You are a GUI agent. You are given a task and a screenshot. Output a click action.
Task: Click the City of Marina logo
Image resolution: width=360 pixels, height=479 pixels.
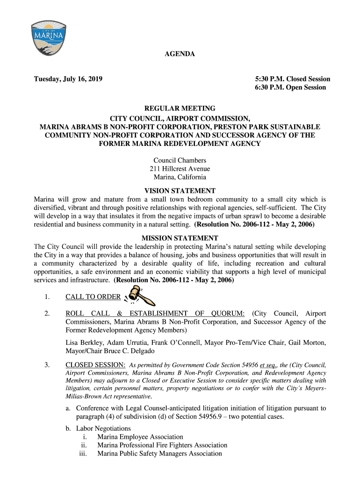coord(46,38)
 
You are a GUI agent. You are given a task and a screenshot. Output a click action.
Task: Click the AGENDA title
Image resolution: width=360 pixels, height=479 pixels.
coord(180,55)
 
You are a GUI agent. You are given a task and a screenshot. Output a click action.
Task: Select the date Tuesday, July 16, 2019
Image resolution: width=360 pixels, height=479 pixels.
coord(68,79)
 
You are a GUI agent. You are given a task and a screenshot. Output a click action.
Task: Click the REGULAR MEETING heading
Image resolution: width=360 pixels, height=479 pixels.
coord(180,109)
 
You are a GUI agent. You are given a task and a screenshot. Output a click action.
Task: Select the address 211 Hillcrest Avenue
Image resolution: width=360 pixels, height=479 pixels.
coord(180,169)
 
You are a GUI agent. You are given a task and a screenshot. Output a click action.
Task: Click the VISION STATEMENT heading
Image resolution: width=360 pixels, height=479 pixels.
coord(180,191)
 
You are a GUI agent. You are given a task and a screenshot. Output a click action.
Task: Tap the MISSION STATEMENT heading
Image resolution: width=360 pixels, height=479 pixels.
coord(180,238)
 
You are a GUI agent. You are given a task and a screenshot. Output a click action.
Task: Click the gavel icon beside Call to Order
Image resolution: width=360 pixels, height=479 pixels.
coord(138,295)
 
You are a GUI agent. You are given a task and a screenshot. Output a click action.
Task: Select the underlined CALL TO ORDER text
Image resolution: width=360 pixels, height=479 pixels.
coord(93,297)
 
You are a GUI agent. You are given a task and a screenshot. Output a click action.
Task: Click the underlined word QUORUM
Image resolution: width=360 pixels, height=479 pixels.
coord(228,313)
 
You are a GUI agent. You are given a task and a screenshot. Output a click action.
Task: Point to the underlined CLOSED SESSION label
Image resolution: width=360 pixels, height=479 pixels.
coord(95,365)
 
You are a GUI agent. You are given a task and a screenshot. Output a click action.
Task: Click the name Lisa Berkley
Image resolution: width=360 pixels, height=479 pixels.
coord(85,343)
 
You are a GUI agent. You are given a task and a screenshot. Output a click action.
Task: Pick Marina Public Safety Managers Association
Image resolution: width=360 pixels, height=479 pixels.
coord(159,454)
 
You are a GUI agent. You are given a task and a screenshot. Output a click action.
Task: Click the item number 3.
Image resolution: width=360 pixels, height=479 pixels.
coord(47,365)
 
